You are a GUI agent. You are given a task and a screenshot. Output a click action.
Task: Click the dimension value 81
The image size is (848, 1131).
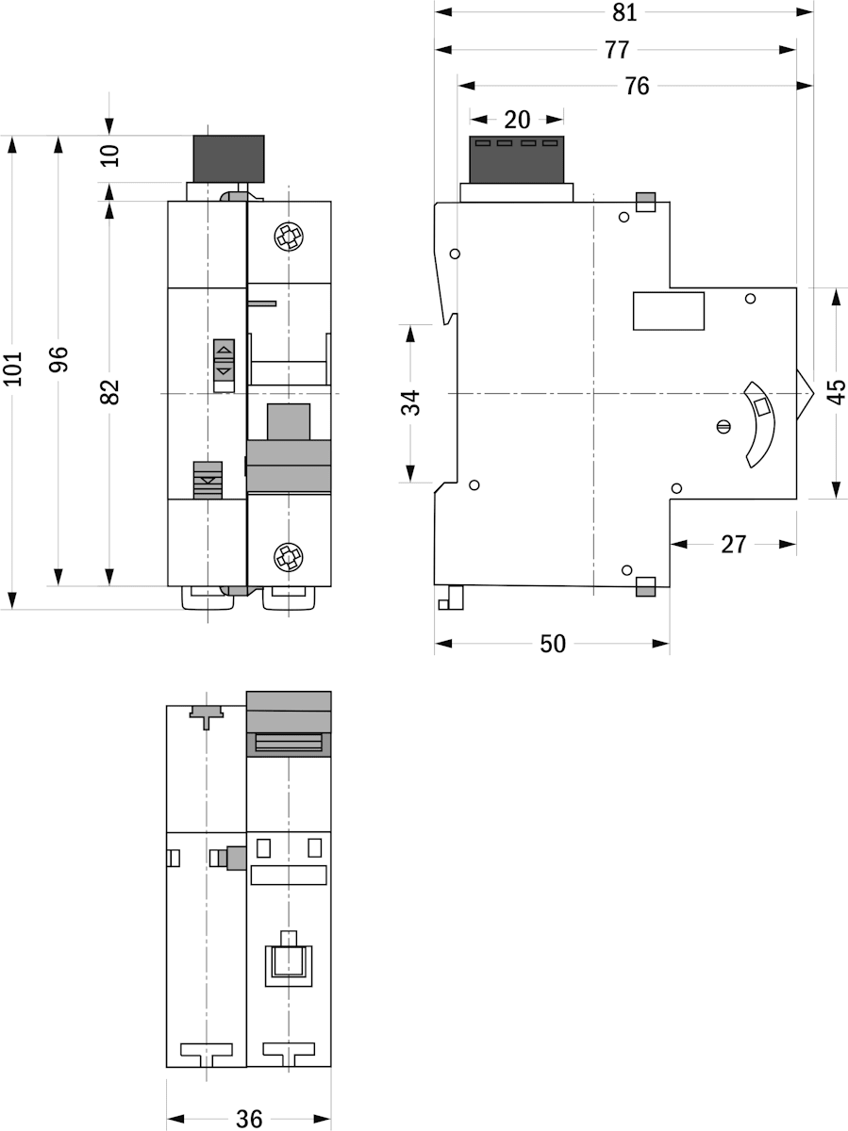[624, 12]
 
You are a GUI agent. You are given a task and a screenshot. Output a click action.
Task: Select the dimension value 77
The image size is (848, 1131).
[618, 49]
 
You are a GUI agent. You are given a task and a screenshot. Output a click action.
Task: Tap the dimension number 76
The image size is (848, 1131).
[637, 86]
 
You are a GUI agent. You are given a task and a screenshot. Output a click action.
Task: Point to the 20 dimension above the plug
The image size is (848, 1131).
[517, 119]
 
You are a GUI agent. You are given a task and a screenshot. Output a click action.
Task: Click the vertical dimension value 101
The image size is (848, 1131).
[12, 370]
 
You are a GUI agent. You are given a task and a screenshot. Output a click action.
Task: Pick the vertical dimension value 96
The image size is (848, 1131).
[58, 359]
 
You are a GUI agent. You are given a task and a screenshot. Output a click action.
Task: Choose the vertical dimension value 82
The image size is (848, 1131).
[110, 391]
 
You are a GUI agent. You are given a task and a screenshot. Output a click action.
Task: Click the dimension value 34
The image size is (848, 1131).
[410, 402]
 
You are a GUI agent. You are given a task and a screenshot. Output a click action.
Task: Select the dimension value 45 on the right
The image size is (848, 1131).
[836, 391]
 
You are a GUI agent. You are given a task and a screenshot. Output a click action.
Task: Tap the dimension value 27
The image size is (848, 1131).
[733, 544]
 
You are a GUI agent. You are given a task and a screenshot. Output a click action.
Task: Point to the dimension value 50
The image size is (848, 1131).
[553, 644]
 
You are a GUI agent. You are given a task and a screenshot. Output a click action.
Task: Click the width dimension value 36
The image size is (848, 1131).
[249, 1118]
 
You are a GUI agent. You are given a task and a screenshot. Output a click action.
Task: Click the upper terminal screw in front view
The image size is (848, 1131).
[289, 237]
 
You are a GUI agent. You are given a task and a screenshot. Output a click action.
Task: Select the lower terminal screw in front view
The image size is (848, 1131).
[289, 556]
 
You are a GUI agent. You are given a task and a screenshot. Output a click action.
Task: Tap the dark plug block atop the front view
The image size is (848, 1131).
[228, 158]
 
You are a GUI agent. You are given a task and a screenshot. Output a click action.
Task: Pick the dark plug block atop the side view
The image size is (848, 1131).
[516, 159]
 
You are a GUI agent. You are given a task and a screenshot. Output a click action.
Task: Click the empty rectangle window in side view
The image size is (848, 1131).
[668, 311]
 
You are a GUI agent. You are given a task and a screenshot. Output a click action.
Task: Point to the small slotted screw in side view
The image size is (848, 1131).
[723, 426]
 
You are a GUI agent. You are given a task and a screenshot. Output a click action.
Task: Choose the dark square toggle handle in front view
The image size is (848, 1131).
[289, 420]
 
